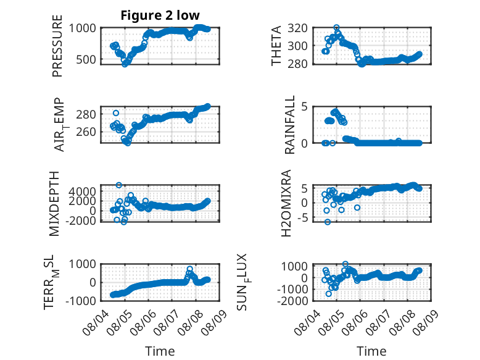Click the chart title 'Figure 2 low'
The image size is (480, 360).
tap(160, 15)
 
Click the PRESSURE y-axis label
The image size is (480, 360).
tap(57, 46)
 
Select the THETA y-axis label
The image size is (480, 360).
tap(276, 46)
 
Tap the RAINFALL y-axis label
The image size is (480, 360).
tap(289, 124)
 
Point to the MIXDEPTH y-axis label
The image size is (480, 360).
tap(54, 204)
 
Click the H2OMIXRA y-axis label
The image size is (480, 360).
tap(286, 203)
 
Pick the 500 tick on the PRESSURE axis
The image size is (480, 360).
tap(86, 59)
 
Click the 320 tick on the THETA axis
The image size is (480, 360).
tap(297, 28)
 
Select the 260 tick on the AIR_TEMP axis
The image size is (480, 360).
tap(86, 132)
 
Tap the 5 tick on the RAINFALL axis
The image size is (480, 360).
tap(304, 107)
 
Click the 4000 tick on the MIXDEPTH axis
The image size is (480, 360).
tap(82, 192)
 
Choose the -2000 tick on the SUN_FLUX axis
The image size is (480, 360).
tap(292, 301)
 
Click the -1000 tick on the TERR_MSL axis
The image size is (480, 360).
tap(81, 301)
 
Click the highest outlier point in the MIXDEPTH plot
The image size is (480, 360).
tap(119, 185)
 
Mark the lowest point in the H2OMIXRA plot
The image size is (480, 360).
tap(328, 222)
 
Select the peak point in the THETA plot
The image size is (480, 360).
tap(336, 28)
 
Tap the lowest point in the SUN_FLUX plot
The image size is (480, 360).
tap(329, 293)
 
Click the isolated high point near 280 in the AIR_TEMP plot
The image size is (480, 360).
tap(116, 113)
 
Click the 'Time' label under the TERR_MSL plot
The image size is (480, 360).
tap(160, 351)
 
